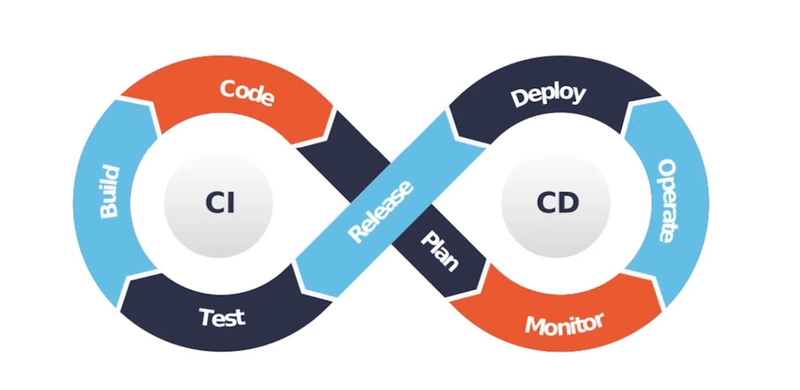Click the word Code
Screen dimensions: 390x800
246,93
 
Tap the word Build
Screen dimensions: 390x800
109,192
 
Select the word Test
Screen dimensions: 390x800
222,317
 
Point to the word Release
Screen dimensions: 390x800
381,212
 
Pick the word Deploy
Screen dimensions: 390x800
548,95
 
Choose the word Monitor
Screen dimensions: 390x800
564,324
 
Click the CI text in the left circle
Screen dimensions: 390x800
219,203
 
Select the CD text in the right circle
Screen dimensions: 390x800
557,202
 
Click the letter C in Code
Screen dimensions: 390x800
228,89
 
